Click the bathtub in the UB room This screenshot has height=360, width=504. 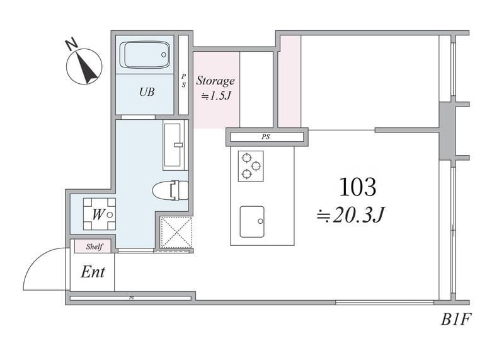point(145,55)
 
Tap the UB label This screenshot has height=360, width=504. point(147,92)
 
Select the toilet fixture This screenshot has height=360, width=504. point(170,190)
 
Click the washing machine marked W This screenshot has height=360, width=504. point(100,214)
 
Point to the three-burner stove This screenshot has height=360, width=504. point(251,166)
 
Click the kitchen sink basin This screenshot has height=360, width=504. point(252,222)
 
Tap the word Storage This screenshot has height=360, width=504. point(215,81)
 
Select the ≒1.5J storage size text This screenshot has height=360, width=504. point(216,96)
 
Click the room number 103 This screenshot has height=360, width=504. point(357,187)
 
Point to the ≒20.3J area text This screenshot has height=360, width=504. point(350,215)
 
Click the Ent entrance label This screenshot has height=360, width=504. point(93,272)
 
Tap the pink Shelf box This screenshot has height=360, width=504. point(93,247)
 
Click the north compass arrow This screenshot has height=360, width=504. point(86,67)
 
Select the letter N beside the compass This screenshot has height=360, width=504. point(72,44)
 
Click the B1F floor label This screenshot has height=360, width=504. point(455,320)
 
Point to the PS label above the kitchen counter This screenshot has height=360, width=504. point(265,137)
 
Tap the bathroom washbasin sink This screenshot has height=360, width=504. point(173,145)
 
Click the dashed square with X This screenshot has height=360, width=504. point(176,232)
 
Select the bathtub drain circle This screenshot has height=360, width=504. point(164,55)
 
